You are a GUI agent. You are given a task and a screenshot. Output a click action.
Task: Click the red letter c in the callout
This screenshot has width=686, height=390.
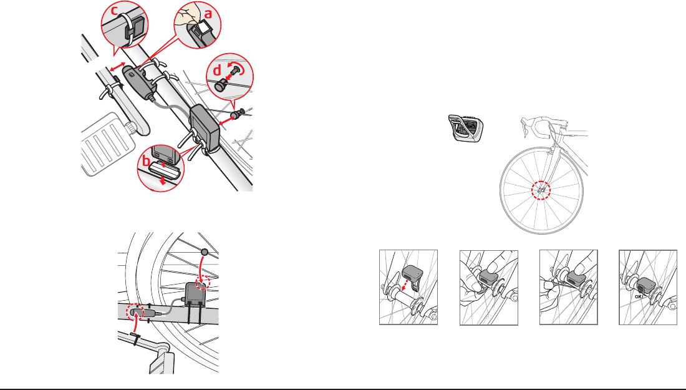click(x=114, y=10)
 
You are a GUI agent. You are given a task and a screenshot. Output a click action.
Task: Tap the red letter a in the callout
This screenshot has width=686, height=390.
click(x=208, y=14)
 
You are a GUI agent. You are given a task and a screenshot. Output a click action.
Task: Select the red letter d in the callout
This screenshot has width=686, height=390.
click(x=217, y=71)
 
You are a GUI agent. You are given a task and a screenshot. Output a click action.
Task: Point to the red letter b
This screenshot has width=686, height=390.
click(x=146, y=161)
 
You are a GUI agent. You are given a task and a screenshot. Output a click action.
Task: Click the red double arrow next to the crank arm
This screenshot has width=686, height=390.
click(x=117, y=67)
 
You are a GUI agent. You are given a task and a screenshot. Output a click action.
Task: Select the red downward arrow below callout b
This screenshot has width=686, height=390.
click(x=162, y=181)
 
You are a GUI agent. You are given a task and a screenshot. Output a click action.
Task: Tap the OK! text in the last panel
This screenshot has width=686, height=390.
click(x=639, y=296)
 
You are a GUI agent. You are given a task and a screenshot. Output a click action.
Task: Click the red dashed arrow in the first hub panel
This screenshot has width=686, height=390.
click(x=407, y=285)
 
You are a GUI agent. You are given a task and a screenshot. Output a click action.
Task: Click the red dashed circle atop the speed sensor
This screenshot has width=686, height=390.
click(x=202, y=284)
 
